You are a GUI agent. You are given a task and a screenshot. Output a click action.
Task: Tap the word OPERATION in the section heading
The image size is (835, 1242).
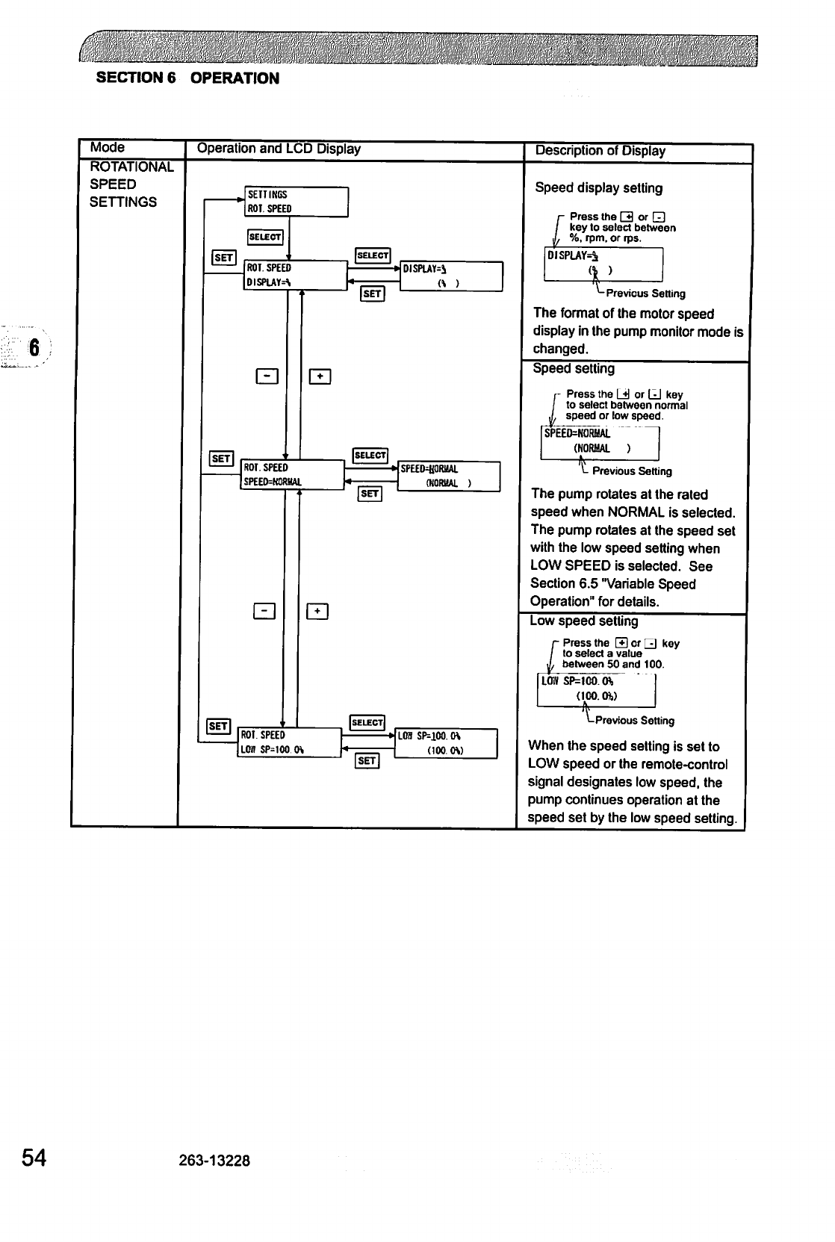click(x=235, y=78)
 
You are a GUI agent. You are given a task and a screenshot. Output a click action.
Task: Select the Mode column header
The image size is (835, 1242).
click(x=107, y=148)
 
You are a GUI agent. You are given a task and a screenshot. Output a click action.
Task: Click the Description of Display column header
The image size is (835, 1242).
click(x=600, y=151)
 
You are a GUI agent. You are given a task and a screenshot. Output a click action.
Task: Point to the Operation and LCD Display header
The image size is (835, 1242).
click(x=278, y=149)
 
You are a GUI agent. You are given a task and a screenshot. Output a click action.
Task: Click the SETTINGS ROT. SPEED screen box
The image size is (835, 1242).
click(x=296, y=202)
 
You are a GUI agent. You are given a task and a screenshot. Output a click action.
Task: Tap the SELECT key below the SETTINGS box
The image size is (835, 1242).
click(x=264, y=237)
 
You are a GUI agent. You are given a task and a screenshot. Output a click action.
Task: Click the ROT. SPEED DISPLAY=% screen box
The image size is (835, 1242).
click(x=295, y=275)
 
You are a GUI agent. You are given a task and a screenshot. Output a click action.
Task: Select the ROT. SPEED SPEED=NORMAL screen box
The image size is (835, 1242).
click(x=291, y=475)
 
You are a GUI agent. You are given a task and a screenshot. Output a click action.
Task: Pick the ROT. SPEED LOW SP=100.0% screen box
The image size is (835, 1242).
click(x=288, y=742)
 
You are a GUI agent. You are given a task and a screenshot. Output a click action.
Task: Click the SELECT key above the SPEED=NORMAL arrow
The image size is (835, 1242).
click(x=370, y=456)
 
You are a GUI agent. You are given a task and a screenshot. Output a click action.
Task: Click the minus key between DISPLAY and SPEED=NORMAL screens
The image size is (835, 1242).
click(x=267, y=376)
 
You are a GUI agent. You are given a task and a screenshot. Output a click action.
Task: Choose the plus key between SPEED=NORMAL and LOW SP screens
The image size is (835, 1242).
click(x=318, y=612)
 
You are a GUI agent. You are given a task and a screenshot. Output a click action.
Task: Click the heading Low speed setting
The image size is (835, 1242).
click(x=583, y=621)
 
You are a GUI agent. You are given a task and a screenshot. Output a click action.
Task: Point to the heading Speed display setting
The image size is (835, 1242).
click(x=598, y=188)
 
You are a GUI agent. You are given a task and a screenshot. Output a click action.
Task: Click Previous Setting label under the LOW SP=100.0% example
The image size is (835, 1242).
click(x=634, y=721)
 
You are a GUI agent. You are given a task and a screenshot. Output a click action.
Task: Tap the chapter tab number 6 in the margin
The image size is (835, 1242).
click(x=33, y=348)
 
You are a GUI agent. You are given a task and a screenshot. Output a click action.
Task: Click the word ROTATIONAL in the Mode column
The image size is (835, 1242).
click(x=131, y=167)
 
